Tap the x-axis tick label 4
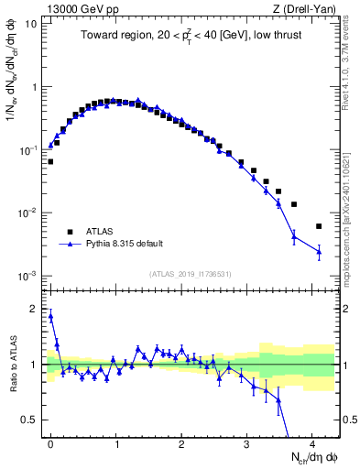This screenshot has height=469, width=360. (312, 442)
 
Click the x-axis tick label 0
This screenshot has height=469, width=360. (51, 442)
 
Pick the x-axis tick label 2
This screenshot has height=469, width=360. (181, 442)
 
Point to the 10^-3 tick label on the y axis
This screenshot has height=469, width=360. (28, 276)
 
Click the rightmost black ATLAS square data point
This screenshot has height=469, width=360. (319, 226)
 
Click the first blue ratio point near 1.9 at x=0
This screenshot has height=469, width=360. (51, 316)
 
